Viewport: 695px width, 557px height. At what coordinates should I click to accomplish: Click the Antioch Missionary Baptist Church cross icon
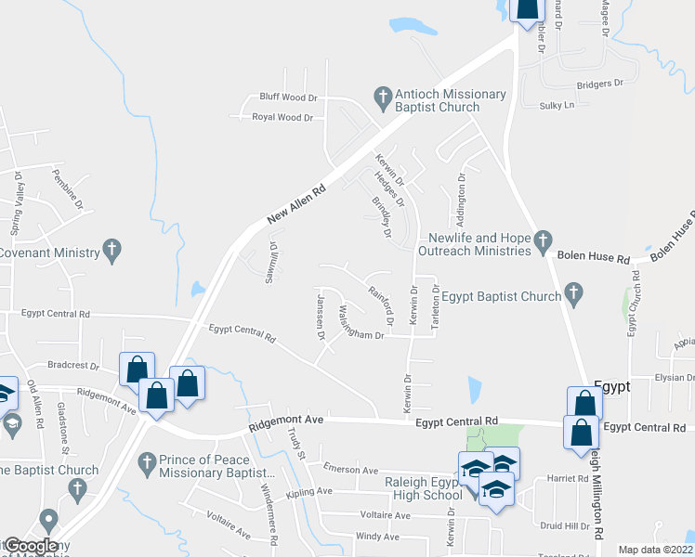point(381,96)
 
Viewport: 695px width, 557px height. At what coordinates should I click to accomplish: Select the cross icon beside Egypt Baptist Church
point(573,295)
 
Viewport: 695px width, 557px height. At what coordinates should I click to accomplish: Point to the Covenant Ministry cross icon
point(111,249)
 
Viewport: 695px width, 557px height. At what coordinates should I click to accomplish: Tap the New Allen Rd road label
point(296,203)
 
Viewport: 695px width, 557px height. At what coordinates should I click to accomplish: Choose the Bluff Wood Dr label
point(288,97)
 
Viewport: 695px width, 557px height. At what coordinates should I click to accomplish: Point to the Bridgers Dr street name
point(599,84)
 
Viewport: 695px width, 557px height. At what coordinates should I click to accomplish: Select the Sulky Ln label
point(557,106)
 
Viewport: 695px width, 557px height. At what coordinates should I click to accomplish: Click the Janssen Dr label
point(321,313)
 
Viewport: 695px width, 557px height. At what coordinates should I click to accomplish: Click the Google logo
point(30,546)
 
